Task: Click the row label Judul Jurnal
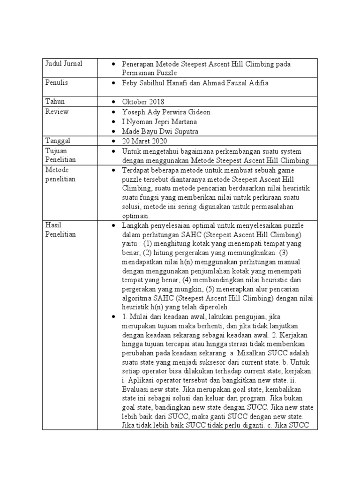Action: click(x=63, y=64)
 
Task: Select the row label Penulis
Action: click(x=57, y=83)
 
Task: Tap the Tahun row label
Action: click(x=55, y=102)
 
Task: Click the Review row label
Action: click(x=57, y=112)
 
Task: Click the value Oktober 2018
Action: click(x=143, y=102)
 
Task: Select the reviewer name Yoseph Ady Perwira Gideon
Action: click(x=166, y=112)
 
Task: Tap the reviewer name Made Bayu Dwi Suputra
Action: click(x=159, y=132)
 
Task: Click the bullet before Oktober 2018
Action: click(x=114, y=102)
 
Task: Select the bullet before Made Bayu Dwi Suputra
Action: click(x=114, y=132)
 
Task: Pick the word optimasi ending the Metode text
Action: click(x=135, y=216)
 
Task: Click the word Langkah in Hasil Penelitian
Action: click(x=135, y=226)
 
